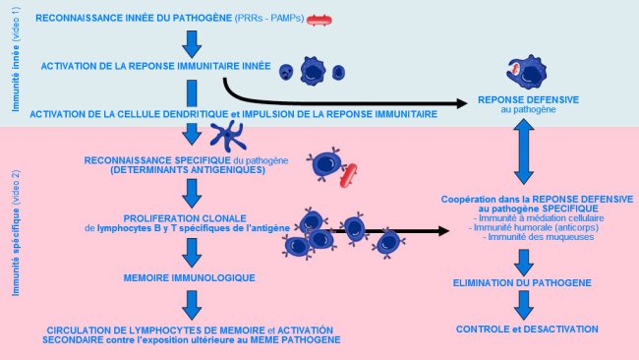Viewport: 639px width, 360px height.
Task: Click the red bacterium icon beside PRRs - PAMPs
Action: [x=320, y=20]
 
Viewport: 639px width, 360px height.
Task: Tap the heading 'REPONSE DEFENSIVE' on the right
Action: [x=528, y=100]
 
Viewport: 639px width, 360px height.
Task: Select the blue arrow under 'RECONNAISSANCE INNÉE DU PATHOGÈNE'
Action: [x=192, y=42]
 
